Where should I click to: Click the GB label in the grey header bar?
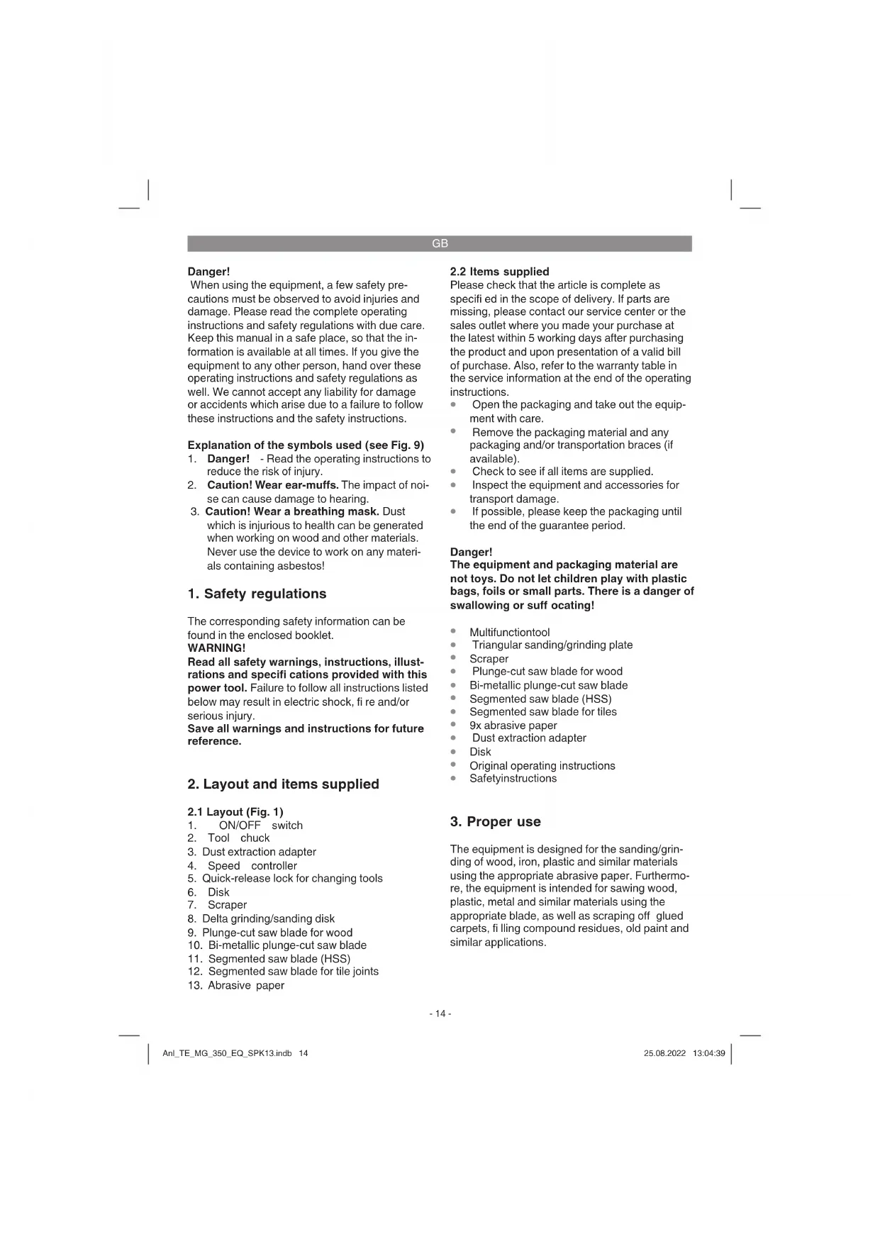(440, 243)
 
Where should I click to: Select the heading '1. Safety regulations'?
(257, 594)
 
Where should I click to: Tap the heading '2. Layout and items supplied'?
(283, 784)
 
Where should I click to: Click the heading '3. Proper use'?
(495, 821)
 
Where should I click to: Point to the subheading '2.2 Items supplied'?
(499, 272)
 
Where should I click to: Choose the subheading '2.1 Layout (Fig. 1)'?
(235, 811)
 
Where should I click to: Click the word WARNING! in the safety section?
(216, 648)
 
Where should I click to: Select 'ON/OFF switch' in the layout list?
(260, 825)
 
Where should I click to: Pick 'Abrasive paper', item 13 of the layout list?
(245, 985)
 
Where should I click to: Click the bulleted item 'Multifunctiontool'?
(509, 632)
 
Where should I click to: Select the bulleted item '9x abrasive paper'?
(513, 725)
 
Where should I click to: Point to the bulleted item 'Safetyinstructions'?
(513, 778)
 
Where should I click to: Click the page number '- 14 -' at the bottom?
(440, 1013)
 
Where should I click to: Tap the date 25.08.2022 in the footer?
(664, 1053)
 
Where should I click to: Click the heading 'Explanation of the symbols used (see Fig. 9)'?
(306, 445)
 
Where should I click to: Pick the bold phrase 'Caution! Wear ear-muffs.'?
(272, 485)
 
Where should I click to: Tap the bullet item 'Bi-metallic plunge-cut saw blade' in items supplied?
(548, 685)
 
